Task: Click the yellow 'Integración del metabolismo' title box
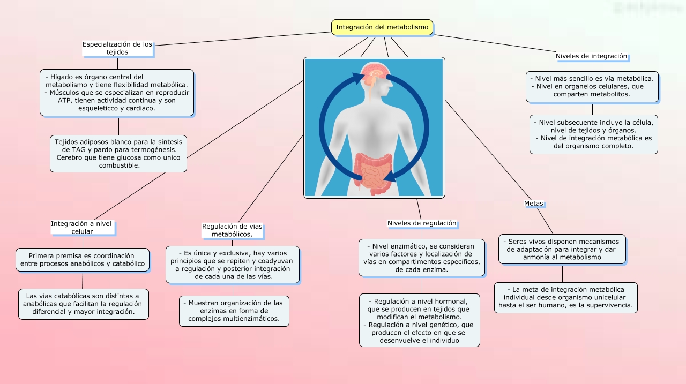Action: coord(382,27)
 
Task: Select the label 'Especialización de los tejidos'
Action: coord(117,48)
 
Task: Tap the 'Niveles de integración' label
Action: coord(591,56)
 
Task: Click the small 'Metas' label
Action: coord(533,204)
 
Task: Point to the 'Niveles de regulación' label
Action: coord(422,223)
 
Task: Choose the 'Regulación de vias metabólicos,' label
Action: coord(232,230)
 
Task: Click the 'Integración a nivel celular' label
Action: coord(83,227)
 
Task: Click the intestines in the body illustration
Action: coord(375,171)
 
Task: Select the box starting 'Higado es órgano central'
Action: coord(117,92)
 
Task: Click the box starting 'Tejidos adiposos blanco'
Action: coord(118,153)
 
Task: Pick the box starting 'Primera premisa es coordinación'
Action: coord(83,260)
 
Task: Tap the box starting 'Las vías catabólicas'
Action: coord(83,304)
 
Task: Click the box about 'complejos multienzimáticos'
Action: coord(234,311)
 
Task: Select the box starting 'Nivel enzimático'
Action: coord(421,258)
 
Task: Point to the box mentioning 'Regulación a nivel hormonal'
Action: coord(420,320)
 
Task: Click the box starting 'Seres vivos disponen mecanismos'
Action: coord(562,249)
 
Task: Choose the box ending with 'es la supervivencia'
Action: coord(565,298)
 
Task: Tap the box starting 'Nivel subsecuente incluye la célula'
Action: coord(593,134)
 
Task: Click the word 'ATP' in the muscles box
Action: coord(64,100)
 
